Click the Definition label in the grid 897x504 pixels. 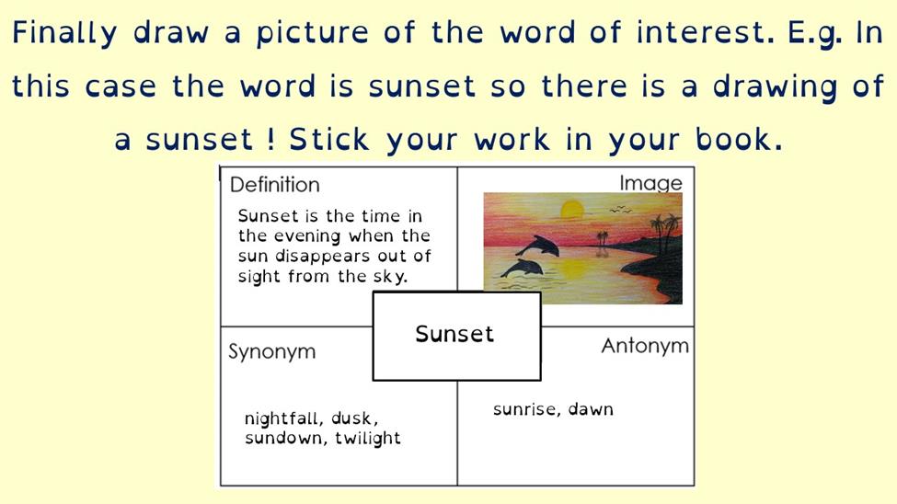click(274, 185)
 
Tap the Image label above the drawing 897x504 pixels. click(651, 183)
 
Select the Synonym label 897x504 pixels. click(271, 351)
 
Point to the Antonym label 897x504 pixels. click(645, 346)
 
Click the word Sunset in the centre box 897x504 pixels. click(454, 334)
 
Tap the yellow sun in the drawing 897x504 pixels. click(571, 209)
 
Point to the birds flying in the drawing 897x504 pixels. click(621, 210)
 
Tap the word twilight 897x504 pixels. click(368, 438)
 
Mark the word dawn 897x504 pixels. click(591, 409)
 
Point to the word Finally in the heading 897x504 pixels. click(64, 33)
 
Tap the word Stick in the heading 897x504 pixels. click(329, 140)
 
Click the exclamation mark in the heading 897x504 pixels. click(270, 140)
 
